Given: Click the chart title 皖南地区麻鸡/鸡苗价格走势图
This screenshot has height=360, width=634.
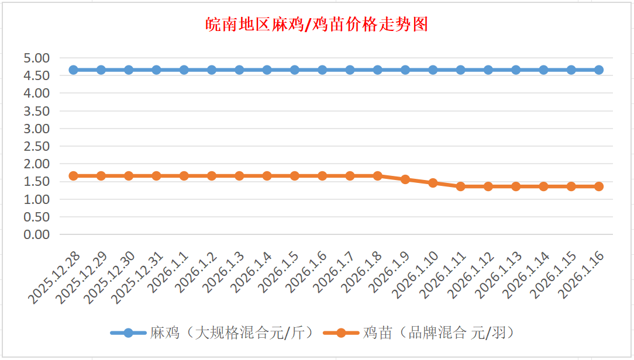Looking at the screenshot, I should click(x=317, y=25).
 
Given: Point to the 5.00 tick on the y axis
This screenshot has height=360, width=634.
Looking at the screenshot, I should click(x=36, y=58).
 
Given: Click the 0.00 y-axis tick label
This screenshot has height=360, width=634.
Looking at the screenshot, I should click(x=36, y=234).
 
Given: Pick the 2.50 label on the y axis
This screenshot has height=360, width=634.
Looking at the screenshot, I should click(x=36, y=146).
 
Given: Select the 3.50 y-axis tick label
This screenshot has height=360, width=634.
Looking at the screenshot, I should click(x=36, y=111).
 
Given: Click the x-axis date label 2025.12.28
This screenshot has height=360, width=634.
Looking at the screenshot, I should click(x=54, y=278).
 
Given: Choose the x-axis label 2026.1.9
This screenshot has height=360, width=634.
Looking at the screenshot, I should click(x=390, y=272).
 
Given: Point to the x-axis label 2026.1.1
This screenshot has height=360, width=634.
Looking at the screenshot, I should click(x=168, y=272).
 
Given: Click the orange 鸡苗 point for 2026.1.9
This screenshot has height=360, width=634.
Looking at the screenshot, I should click(x=405, y=179).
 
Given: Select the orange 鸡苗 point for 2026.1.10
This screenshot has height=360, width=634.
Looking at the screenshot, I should click(x=433, y=183).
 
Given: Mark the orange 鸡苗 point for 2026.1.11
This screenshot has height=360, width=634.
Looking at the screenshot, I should click(x=460, y=186).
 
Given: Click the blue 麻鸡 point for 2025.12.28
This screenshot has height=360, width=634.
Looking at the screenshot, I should click(x=73, y=70).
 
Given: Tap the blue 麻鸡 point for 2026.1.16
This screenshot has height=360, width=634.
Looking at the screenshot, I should click(x=599, y=70).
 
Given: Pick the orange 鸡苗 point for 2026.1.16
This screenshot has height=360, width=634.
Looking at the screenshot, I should click(x=599, y=186).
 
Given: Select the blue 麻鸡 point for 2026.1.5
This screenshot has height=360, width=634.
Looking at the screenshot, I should click(x=295, y=70).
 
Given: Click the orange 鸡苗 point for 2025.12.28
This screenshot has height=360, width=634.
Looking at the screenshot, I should click(x=73, y=176).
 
